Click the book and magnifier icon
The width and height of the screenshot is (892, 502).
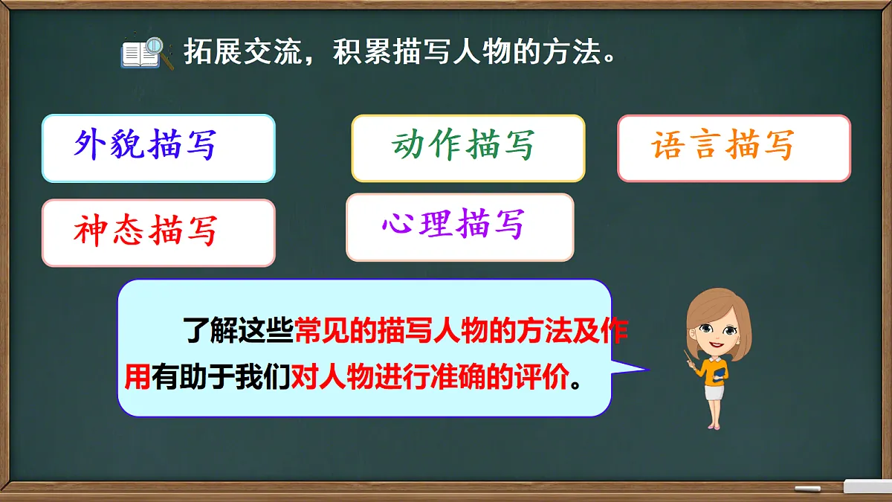pyautogui.click(x=146, y=54)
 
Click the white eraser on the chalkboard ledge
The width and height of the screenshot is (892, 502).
pyautogui.click(x=866, y=486)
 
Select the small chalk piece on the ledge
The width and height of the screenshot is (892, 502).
pyautogui.click(x=807, y=489)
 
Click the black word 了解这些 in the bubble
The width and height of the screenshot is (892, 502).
pyautogui.click(x=239, y=332)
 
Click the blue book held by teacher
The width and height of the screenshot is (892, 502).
pyautogui.click(x=718, y=374)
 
